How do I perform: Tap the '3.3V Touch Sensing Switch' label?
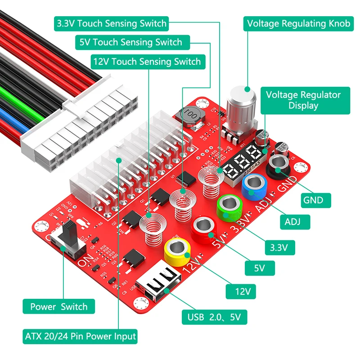coord(111,23)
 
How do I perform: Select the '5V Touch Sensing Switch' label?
coord(131,43)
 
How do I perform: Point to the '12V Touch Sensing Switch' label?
coord(147,61)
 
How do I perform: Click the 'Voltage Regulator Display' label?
coord(303,100)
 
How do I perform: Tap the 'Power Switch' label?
coord(59,307)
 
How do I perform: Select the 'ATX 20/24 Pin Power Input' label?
coord(80,336)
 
